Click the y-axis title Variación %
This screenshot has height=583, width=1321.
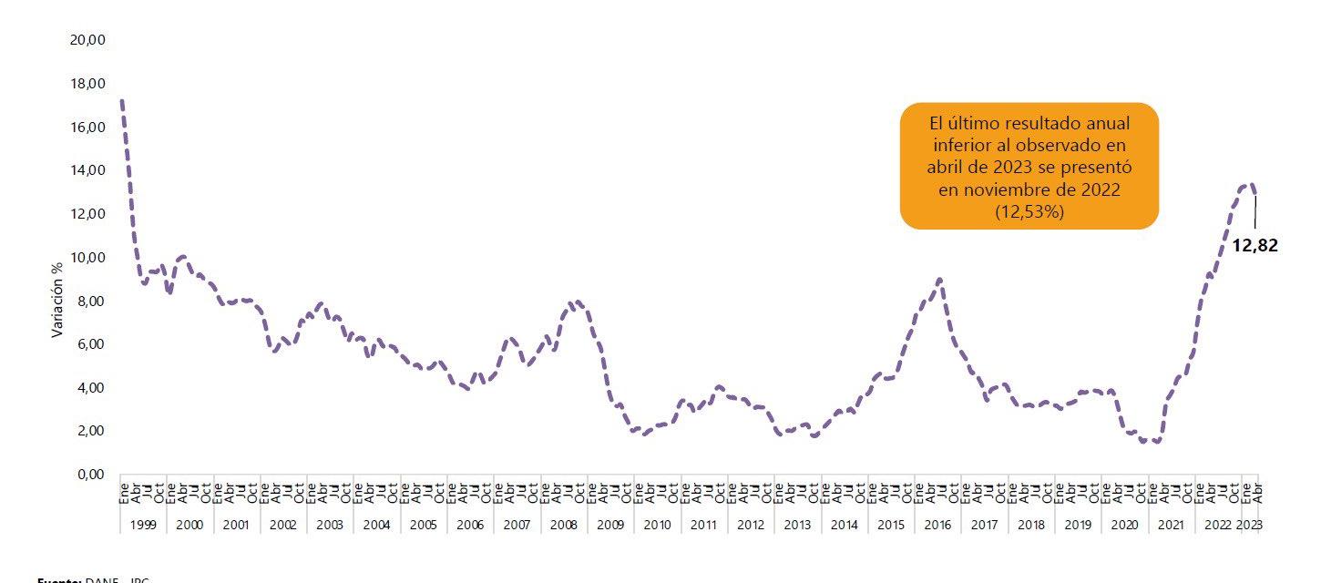click(56, 300)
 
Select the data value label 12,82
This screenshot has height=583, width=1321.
click(1254, 245)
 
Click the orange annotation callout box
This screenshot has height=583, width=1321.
click(1029, 165)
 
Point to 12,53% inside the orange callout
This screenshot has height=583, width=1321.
click(1029, 211)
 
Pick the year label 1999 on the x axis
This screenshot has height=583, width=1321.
click(143, 526)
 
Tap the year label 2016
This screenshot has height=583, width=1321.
click(938, 526)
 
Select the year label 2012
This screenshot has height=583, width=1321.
click(752, 526)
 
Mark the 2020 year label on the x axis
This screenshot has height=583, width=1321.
click(1125, 526)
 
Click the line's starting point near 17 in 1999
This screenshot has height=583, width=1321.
click(122, 101)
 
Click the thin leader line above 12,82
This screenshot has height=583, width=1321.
click(1255, 210)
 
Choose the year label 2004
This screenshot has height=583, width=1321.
click(377, 526)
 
